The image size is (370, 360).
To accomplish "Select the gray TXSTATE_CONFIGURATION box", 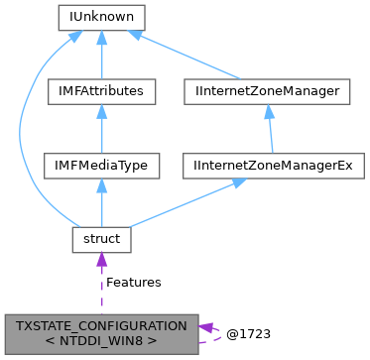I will [x=101, y=332].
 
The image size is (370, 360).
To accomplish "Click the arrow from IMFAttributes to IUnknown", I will [x=100, y=55].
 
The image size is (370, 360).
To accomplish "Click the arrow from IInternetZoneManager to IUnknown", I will [x=188, y=55].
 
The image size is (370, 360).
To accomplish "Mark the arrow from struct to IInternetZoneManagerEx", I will [x=179, y=203].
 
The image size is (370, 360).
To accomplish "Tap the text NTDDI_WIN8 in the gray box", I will [x=101, y=340].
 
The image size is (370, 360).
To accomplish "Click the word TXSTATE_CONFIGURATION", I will [x=101, y=325].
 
